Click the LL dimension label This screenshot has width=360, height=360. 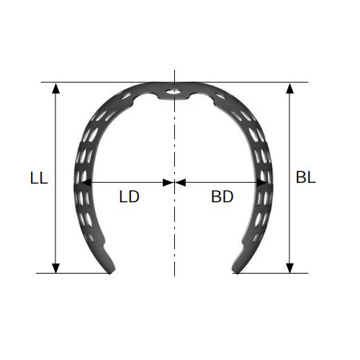[x=39, y=178]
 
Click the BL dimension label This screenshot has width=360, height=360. [x=305, y=178]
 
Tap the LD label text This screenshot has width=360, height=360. [x=129, y=197]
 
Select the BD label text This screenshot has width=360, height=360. [x=222, y=197]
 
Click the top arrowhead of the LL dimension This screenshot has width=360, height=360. [x=55, y=89]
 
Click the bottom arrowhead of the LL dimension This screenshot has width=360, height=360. [x=55, y=268]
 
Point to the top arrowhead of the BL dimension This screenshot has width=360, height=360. [x=290, y=89]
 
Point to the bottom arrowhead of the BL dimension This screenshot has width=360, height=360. [x=290, y=268]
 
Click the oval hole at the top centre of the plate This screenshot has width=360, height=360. [x=174, y=91]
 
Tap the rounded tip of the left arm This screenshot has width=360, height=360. [x=111, y=270]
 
